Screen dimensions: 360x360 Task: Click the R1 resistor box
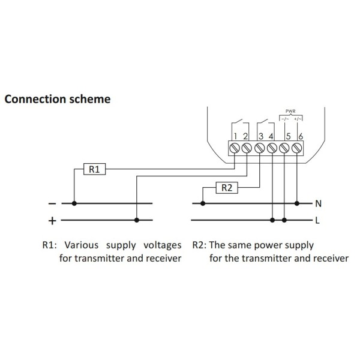click(94, 170)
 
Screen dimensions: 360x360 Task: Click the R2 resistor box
click(227, 188)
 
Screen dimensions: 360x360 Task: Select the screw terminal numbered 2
click(247, 147)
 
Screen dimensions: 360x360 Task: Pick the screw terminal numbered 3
click(259, 147)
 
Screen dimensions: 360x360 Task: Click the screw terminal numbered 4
click(271, 147)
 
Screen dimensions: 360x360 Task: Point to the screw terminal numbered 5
click(286, 147)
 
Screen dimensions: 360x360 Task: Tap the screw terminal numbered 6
click(298, 147)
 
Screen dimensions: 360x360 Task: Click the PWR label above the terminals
click(291, 111)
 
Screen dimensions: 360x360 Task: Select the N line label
click(318, 203)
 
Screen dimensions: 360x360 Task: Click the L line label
click(317, 220)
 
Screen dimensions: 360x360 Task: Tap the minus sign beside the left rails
click(52, 203)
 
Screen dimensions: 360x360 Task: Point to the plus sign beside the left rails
click(52, 221)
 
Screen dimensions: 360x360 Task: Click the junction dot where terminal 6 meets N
click(298, 203)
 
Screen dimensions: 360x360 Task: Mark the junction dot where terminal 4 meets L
click(273, 220)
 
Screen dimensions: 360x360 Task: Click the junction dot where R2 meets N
click(203, 203)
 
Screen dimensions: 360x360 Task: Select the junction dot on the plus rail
click(137, 220)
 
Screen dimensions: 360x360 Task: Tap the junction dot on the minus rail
click(74, 203)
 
